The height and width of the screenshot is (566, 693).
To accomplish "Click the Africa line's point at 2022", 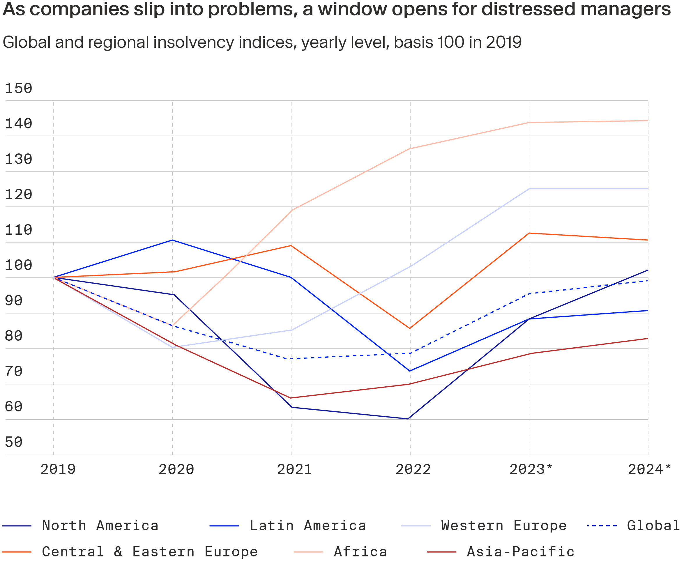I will click(410, 149).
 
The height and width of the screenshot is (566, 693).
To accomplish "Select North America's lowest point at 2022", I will click(408, 419).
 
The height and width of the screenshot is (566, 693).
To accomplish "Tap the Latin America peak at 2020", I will click(172, 240).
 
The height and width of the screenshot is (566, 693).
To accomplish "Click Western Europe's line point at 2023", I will click(529, 189).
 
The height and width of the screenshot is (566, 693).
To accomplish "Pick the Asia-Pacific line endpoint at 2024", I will click(648, 339).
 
